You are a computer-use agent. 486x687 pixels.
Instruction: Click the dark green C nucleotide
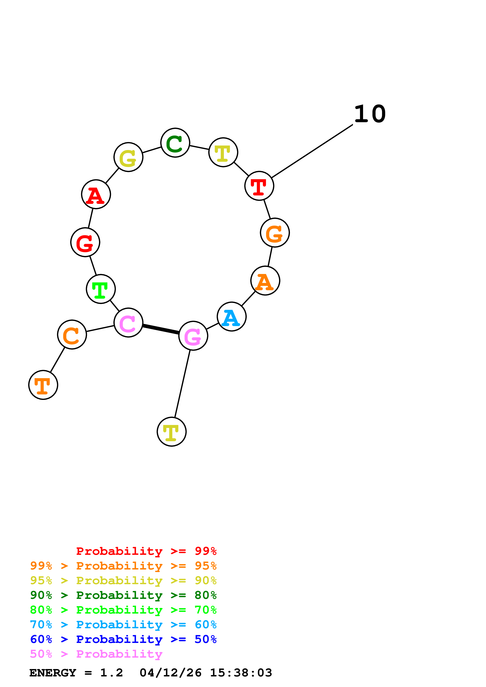click(175, 143)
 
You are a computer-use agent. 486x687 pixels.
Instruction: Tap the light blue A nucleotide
click(232, 316)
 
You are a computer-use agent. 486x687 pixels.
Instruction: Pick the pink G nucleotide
click(193, 336)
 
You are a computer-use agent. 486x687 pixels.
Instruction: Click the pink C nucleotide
click(128, 323)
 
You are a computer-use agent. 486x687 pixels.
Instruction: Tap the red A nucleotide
click(96, 194)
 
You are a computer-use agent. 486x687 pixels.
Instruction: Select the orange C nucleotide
click(72, 334)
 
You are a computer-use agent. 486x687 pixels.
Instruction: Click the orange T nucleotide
click(43, 385)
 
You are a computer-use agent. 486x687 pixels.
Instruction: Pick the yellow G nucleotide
click(128, 157)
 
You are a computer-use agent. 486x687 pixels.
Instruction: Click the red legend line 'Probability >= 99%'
click(146, 551)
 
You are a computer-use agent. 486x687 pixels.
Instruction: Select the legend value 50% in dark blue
click(205, 639)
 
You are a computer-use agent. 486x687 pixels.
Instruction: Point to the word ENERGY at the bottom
click(53, 673)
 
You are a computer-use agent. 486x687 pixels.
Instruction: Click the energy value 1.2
click(111, 673)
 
